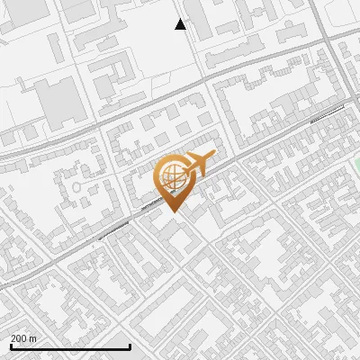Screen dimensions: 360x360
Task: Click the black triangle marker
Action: coord(181,24)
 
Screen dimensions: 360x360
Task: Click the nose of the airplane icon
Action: coord(215,157)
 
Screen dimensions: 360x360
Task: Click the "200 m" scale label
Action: coord(24,338)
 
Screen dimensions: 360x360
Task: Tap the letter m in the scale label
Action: coord(33,338)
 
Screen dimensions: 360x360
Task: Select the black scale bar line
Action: coord(70,346)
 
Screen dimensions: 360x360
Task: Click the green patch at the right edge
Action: coord(356,165)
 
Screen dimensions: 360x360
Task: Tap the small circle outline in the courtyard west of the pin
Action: coord(77,187)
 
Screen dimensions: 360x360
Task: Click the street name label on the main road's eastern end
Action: coord(327,112)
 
